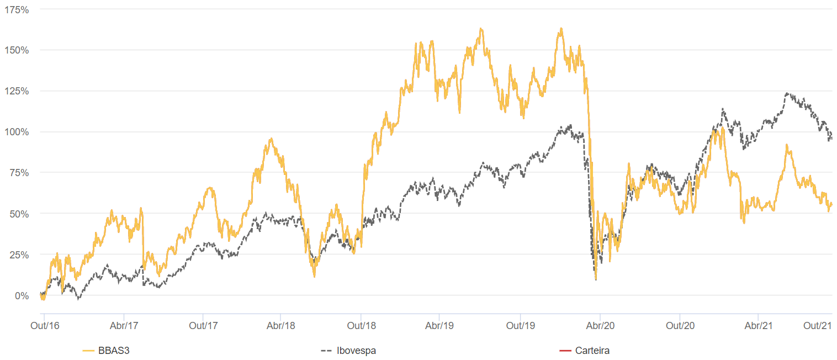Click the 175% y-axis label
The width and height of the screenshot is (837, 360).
pos(17,10)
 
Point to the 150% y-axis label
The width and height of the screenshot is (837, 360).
pos(17,50)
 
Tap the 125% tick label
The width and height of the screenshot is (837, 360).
pos(17,91)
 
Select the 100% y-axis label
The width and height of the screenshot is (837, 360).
pos(17,132)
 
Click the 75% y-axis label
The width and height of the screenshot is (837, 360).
pos(19,173)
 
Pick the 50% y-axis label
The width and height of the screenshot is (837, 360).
pos(19,214)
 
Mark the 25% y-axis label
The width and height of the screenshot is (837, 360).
pos(19,255)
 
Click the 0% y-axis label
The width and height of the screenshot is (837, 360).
pos(22,296)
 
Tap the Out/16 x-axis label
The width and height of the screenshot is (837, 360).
pos(45,326)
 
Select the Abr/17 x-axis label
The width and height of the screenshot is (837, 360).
pos(124,326)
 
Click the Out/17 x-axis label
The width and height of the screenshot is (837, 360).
pos(203,326)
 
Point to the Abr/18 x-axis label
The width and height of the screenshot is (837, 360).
pos(281,326)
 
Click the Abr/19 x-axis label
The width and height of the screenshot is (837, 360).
pos(439,326)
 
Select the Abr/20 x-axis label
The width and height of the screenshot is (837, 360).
pos(600,326)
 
